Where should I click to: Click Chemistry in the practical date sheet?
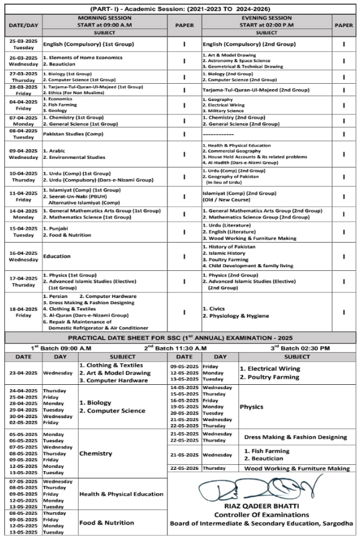click(x=95, y=453)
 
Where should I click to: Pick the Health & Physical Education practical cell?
click(x=121, y=494)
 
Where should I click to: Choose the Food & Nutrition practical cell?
click(x=106, y=523)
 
